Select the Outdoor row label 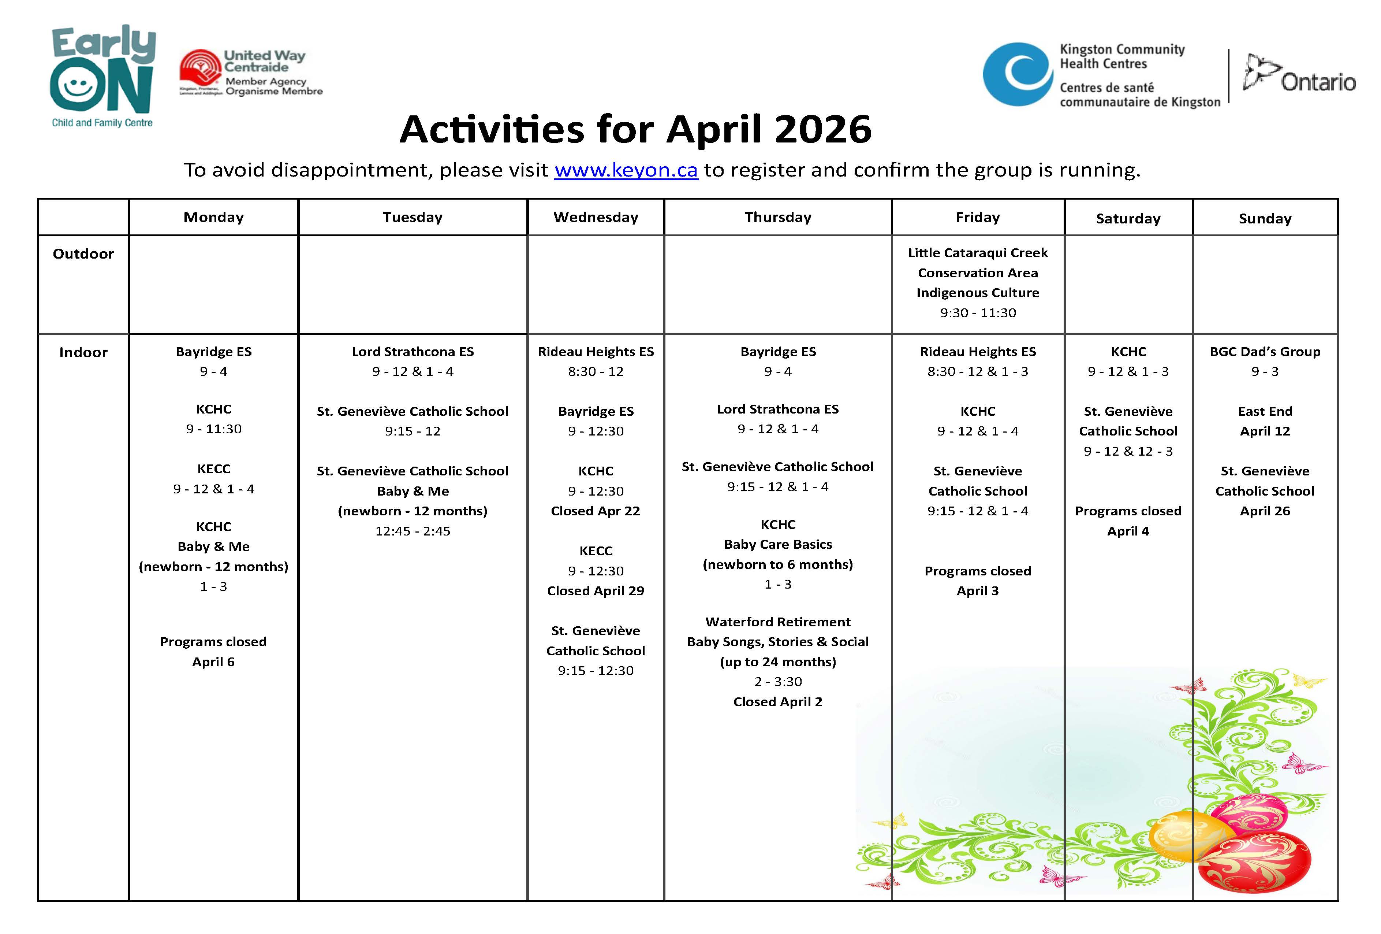[x=83, y=254]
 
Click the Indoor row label [x=83, y=353]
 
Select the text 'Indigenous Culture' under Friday [x=978, y=293]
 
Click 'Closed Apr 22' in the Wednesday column [x=596, y=511]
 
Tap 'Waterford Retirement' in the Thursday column [x=778, y=622]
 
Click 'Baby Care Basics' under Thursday [x=778, y=545]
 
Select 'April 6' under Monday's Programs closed [x=213, y=662]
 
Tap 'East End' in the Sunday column [x=1265, y=411]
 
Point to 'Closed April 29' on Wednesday [x=596, y=591]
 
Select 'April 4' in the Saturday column [x=1128, y=531]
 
